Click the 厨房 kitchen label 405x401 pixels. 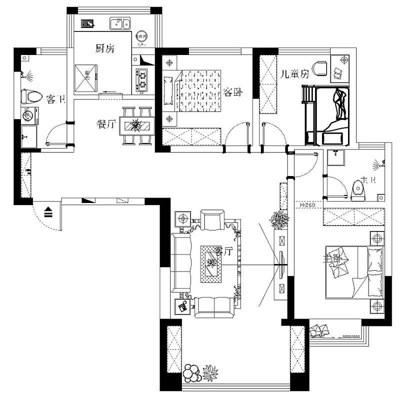click(x=105, y=48)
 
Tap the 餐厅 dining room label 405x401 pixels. click(x=107, y=125)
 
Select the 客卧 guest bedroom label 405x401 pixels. click(x=232, y=92)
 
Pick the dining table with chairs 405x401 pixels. click(x=137, y=125)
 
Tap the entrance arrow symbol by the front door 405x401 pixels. click(x=49, y=212)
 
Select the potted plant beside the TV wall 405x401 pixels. click(x=279, y=220)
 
